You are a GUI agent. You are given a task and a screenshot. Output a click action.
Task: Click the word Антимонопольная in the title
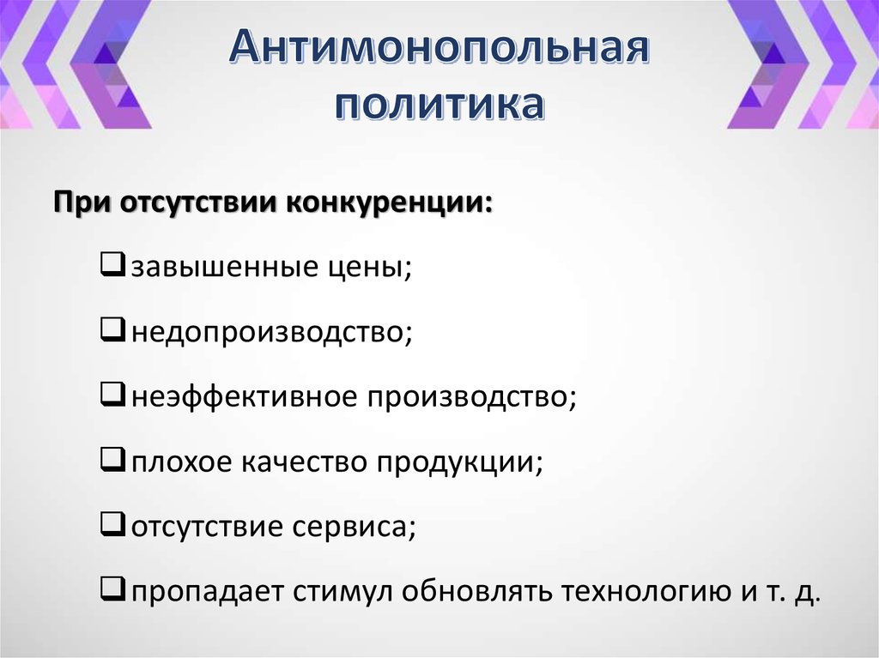coord(438,49)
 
